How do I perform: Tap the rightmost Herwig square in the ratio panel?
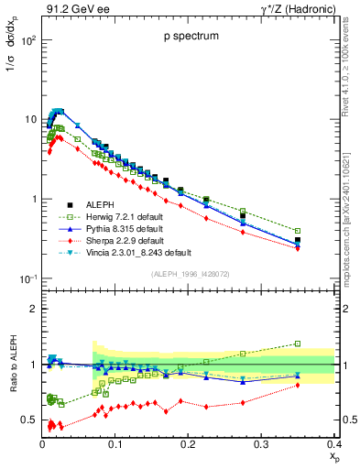click(x=323, y=344)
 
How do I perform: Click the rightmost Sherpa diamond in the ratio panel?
click(x=323, y=385)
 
